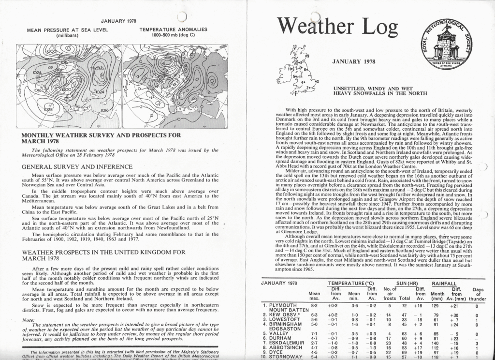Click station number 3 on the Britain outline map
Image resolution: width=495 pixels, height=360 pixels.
tap(317, 81)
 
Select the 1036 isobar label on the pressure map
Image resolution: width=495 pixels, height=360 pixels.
tap(99, 69)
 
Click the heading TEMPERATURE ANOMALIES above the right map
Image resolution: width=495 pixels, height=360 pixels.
tap(173, 30)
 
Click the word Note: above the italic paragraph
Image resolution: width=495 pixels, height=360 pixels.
tap(29, 319)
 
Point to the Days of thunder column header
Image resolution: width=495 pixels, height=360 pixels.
tap(478, 294)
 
